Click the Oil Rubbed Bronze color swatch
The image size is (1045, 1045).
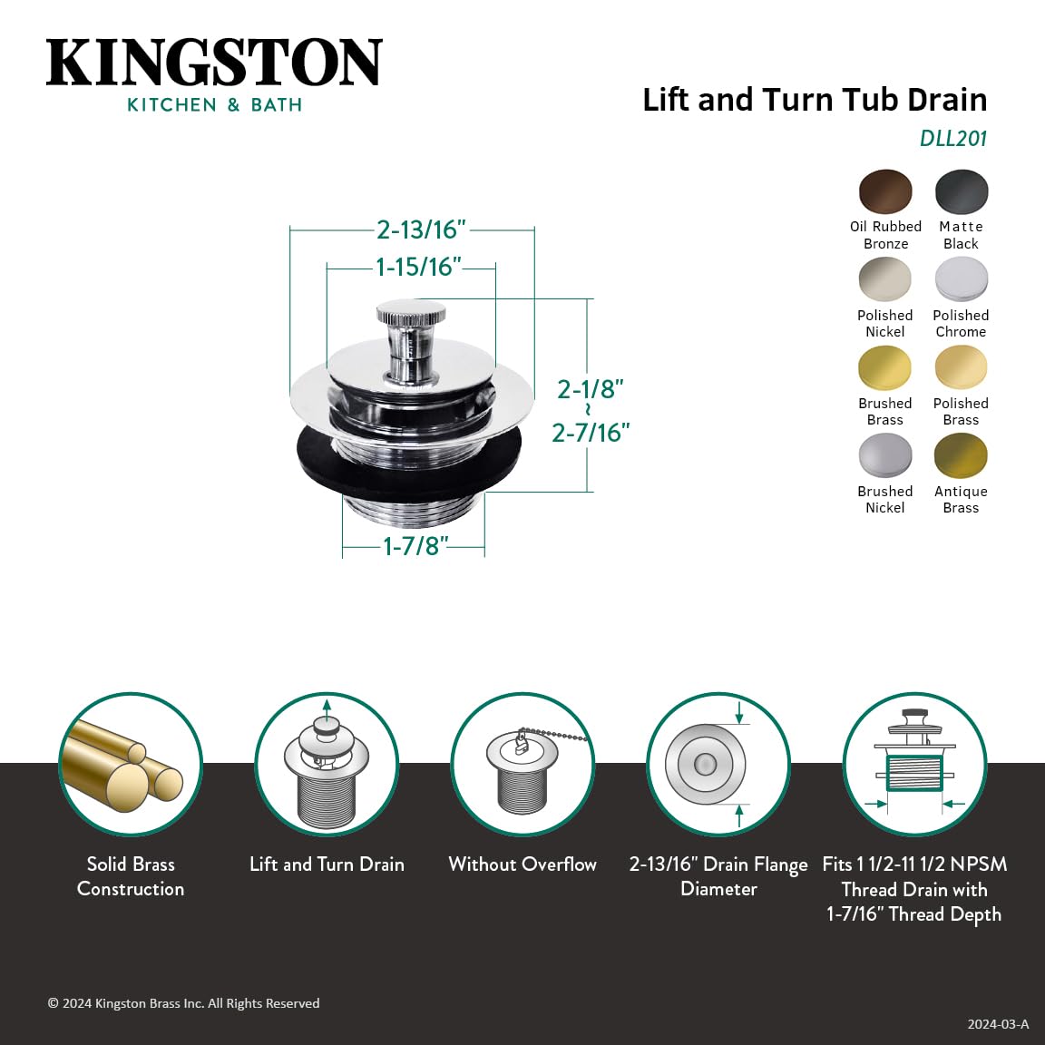tap(885, 191)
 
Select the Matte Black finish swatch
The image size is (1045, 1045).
tap(961, 191)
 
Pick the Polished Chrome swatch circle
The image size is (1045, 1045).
tap(961, 279)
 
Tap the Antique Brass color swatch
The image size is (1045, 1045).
tap(961, 456)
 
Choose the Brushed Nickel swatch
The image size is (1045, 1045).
tap(885, 456)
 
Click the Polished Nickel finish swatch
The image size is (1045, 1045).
tap(885, 279)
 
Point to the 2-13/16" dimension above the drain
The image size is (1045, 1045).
tap(421, 230)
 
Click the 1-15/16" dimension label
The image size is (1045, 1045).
tap(418, 267)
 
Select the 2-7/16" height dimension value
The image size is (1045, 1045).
tap(591, 433)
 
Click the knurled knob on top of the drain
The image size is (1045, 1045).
tap(411, 313)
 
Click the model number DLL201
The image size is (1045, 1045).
tap(953, 138)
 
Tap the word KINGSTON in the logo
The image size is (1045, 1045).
tap(214, 62)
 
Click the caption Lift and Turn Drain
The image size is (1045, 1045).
tap(327, 864)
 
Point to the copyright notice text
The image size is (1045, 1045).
tap(184, 1003)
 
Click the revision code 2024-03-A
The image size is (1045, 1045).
tap(998, 1024)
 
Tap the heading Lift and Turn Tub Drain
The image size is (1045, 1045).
tap(815, 100)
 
